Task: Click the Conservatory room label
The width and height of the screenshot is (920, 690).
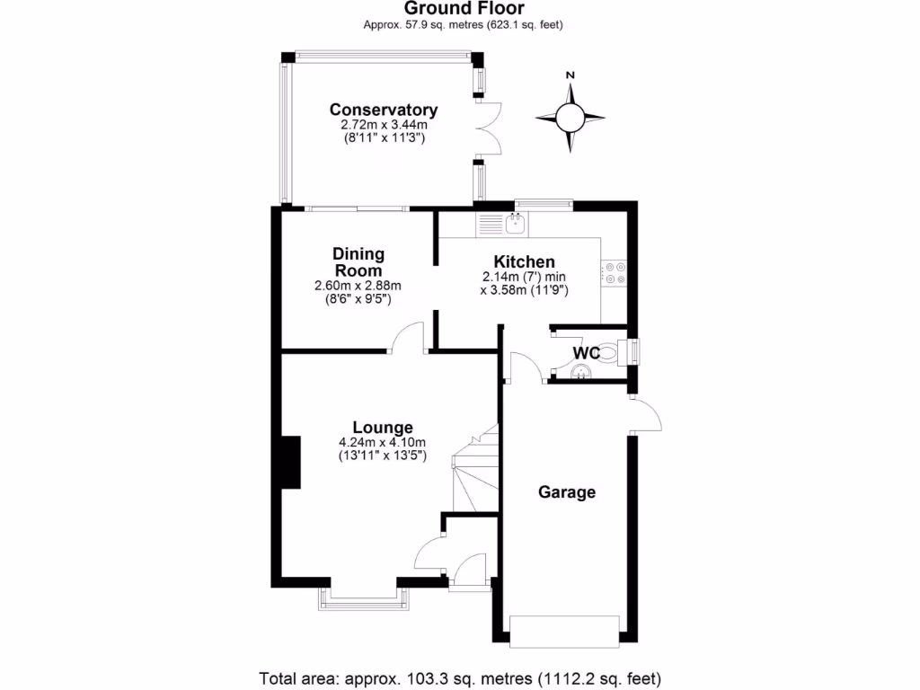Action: [x=384, y=110]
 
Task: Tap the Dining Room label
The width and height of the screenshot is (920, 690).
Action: [x=358, y=262]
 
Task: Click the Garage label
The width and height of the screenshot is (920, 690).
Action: [x=567, y=492]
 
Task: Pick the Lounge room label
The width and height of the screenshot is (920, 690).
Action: [x=383, y=428]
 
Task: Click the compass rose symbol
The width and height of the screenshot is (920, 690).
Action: [x=570, y=118]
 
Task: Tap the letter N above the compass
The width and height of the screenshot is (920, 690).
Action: [x=570, y=75]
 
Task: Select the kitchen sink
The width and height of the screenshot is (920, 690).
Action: [x=517, y=223]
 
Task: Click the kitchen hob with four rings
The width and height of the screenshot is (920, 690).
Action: [x=615, y=273]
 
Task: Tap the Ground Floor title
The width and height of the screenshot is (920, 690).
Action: [x=463, y=9]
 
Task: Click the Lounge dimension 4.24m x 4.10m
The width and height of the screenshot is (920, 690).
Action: [x=382, y=442]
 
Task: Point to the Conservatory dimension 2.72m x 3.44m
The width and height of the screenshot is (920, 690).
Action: [x=384, y=126]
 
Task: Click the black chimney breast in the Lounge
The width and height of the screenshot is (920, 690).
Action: [x=290, y=463]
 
